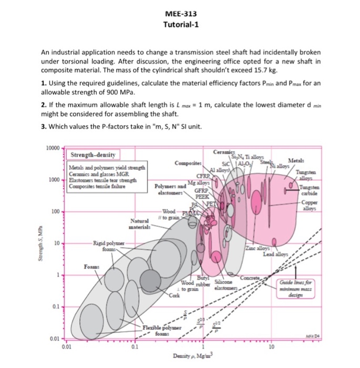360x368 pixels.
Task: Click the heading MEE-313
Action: [x=179, y=14]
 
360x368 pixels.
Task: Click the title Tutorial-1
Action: [x=179, y=25]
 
